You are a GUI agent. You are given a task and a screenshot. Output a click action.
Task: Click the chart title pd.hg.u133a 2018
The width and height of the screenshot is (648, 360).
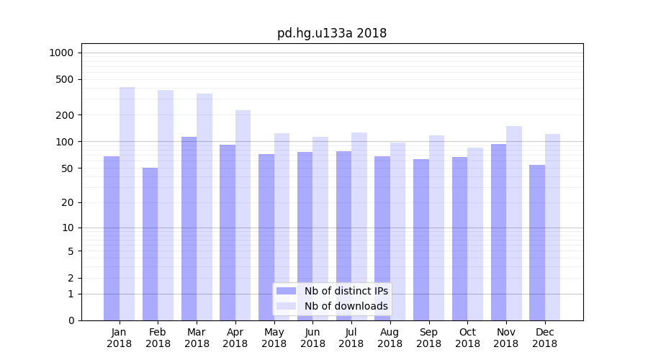click(332, 33)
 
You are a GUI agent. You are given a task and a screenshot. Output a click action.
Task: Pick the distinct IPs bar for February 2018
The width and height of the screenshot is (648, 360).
click(150, 244)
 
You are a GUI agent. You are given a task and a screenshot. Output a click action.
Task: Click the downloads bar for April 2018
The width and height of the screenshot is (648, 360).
click(243, 215)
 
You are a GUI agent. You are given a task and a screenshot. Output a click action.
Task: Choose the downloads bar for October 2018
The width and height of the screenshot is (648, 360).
click(475, 234)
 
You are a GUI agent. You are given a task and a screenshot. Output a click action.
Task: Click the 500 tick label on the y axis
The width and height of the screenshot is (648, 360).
click(65, 79)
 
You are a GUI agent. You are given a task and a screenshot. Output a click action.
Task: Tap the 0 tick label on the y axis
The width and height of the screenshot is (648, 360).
click(71, 320)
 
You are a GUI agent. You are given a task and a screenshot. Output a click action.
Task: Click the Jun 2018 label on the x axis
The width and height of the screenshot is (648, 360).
click(312, 338)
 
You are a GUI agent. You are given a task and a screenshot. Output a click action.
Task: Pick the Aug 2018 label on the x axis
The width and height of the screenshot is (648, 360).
click(390, 338)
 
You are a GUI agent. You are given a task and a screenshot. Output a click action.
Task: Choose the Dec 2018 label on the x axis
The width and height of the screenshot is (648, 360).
click(544, 338)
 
